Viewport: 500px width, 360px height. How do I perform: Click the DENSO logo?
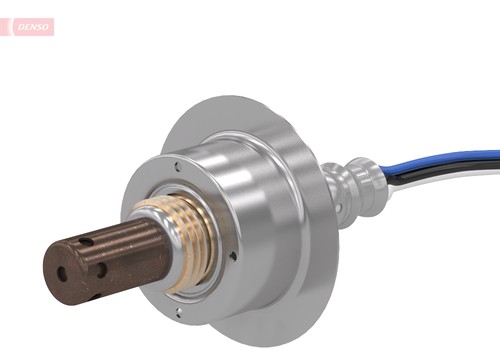click(30, 27)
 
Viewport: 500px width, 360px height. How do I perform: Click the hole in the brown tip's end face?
click(62, 272)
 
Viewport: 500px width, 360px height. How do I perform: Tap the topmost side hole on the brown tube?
click(87, 243)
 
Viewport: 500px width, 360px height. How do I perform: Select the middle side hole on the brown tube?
click(101, 269)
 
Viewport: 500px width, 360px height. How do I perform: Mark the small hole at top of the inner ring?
click(177, 167)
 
